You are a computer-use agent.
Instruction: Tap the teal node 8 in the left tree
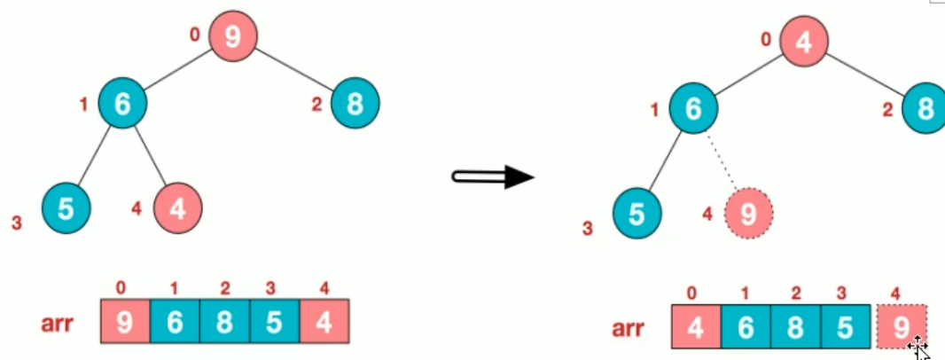[x=355, y=104]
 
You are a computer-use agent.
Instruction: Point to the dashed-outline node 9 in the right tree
[x=748, y=213]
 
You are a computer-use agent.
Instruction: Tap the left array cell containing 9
[x=125, y=322]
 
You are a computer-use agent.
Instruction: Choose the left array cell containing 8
[x=225, y=322]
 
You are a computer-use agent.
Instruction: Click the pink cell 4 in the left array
[x=325, y=322]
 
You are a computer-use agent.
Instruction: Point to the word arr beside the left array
[x=57, y=324]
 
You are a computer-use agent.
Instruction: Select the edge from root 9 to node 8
[x=294, y=70]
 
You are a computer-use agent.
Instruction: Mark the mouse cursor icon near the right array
[x=918, y=348]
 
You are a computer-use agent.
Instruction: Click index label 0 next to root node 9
[x=195, y=35]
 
